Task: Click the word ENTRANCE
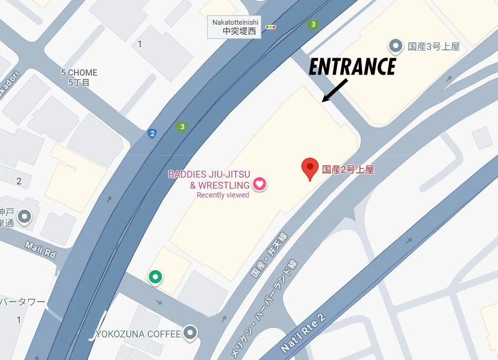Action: [x=352, y=67]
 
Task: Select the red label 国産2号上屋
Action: [x=348, y=169]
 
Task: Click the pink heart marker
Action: [x=259, y=184]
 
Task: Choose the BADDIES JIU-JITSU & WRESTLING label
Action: [x=209, y=180]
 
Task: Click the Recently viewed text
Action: [x=222, y=195]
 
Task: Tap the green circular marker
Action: [x=155, y=276]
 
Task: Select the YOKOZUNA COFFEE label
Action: [x=138, y=334]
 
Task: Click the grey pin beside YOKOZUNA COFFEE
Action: [x=190, y=332]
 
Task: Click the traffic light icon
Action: [x=271, y=27]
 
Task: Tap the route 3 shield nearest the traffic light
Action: [x=313, y=25]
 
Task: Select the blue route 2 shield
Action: [x=153, y=133]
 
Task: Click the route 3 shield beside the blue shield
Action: [x=182, y=127]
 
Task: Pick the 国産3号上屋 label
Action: [x=434, y=46]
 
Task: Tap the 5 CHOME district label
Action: [x=79, y=77]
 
